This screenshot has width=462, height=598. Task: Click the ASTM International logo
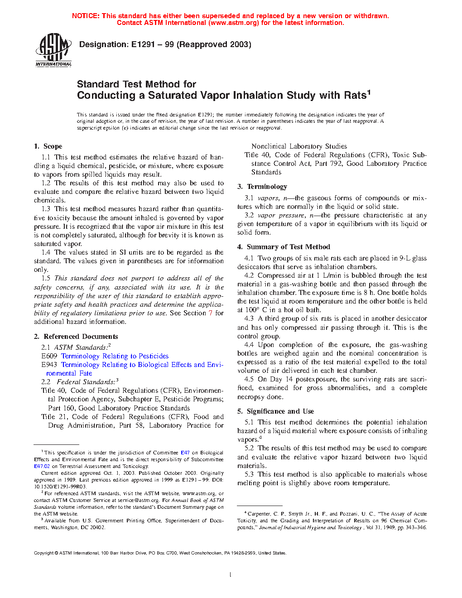(x=53, y=50)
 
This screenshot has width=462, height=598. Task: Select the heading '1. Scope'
(x=48, y=146)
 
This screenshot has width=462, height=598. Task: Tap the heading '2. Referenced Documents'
(x=76, y=337)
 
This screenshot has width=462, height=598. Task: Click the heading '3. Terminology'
(x=262, y=187)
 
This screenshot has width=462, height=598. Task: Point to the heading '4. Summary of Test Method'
(x=284, y=247)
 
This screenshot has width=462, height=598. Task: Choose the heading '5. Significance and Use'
(x=275, y=411)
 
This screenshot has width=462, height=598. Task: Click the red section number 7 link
(x=210, y=313)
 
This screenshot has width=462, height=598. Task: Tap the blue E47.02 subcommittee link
(x=42, y=466)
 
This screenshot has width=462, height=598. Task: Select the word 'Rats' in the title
(x=355, y=95)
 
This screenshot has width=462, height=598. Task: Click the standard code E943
(x=49, y=365)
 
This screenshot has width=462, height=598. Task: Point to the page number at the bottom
(x=231, y=575)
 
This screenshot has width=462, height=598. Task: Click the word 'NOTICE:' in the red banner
(x=86, y=16)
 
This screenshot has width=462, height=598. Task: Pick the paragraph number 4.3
(x=249, y=318)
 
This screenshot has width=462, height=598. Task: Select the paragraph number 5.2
(x=249, y=448)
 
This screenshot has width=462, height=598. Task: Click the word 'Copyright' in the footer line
(x=43, y=553)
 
